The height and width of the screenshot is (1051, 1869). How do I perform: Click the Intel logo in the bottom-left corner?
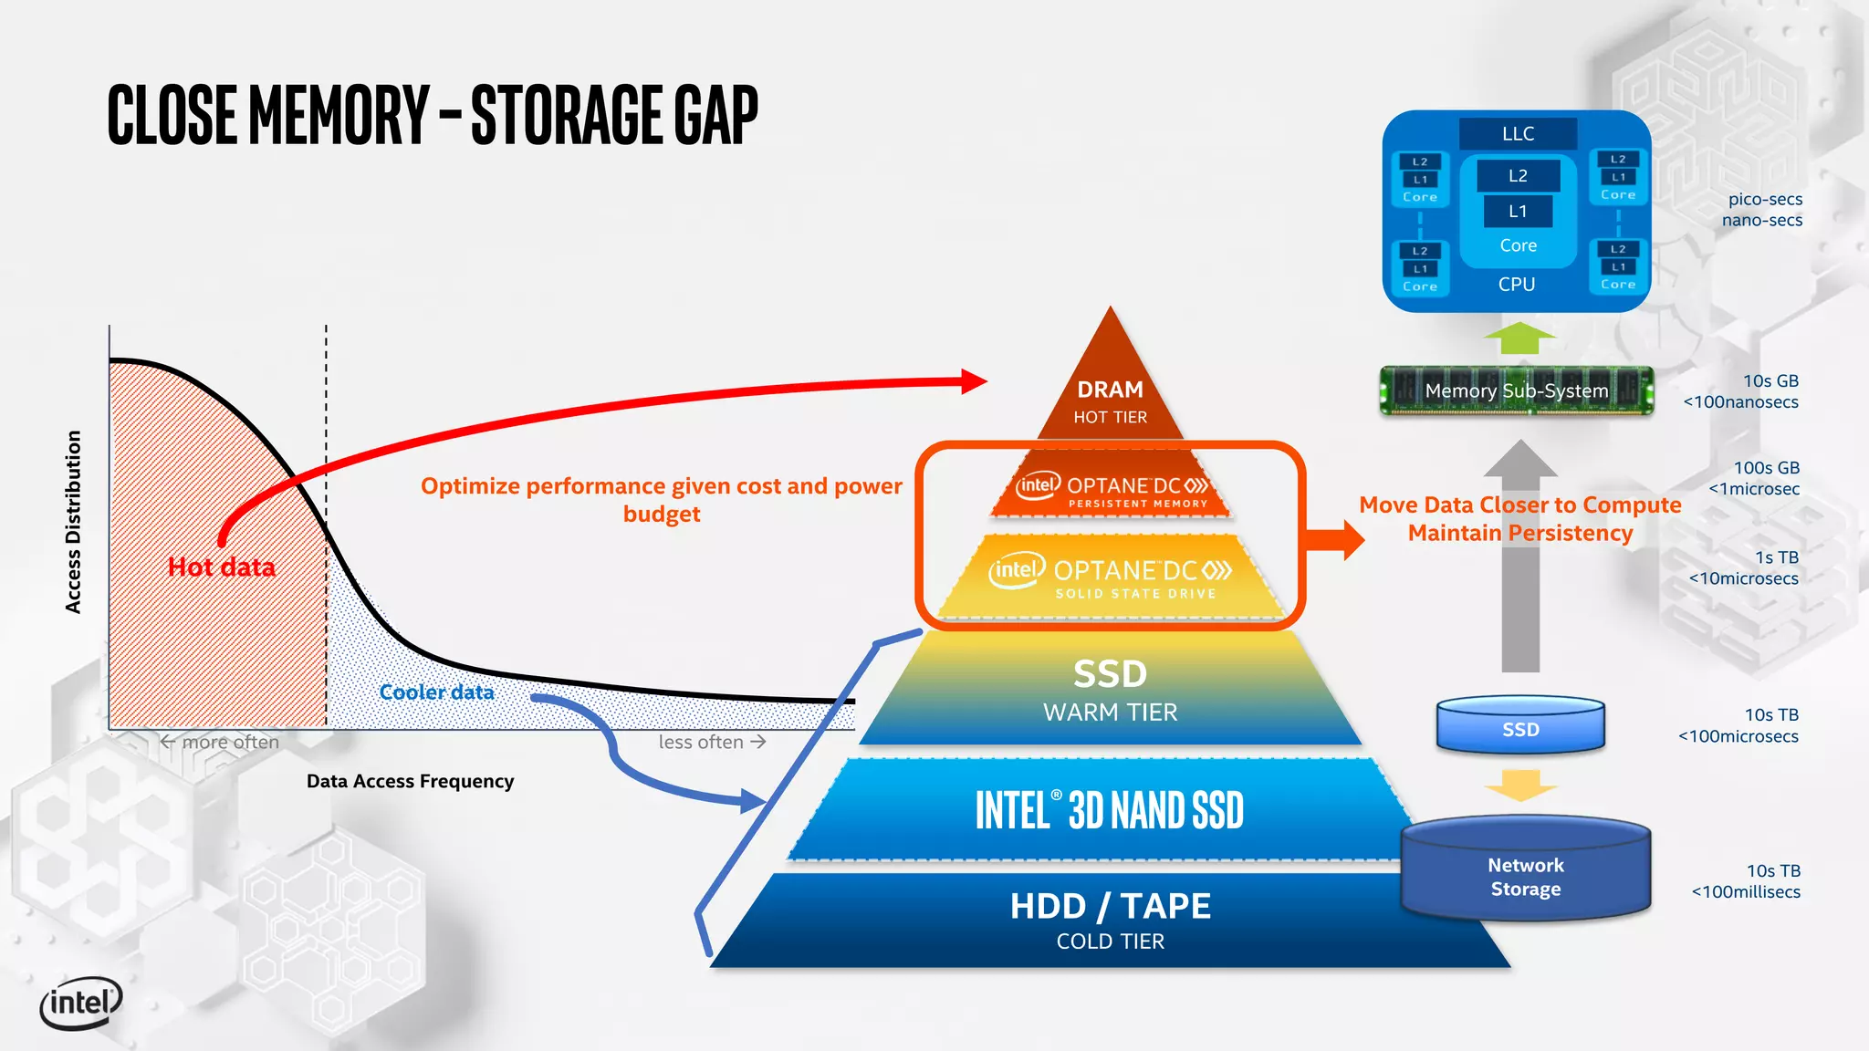80,1004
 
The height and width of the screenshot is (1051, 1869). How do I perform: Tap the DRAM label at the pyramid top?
1110,390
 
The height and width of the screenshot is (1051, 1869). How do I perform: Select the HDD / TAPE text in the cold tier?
1110,906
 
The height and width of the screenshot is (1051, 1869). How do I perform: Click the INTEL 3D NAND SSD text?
1109,810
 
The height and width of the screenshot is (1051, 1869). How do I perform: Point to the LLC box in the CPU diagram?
1518,133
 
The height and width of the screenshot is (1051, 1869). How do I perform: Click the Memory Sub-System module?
1516,390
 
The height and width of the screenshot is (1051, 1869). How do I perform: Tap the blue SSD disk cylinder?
1520,727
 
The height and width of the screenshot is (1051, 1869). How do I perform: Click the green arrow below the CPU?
1519,338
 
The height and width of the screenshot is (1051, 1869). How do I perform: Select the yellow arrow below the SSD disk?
1520,785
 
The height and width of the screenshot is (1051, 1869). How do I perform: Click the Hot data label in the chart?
222,567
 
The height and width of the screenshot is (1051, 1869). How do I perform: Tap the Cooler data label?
436,692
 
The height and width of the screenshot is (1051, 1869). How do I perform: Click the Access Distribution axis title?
74,522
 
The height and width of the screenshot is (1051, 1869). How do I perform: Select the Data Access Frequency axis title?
410,781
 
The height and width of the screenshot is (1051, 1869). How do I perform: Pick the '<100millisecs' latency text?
1745,892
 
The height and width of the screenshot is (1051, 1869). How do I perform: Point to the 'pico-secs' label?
1764,199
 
